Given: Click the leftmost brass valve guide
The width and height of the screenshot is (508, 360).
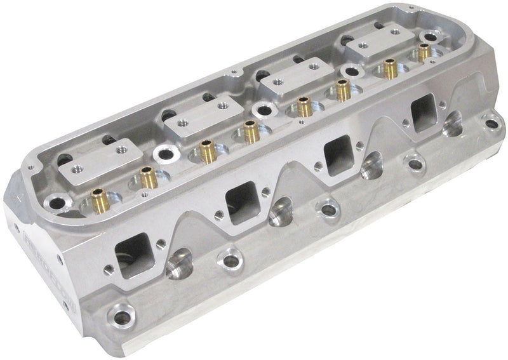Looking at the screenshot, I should pos(97,196).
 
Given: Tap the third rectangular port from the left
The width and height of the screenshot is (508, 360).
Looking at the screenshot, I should pos(338,152).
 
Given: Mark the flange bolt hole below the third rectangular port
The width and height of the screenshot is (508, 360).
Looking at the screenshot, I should pos(329,207).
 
